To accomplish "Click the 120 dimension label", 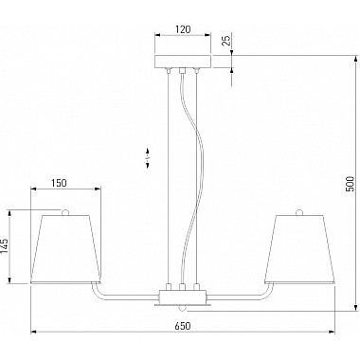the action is [183, 29].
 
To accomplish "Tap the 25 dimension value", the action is [226, 40].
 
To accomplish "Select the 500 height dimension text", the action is [350, 184].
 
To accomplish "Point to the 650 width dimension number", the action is [183, 326].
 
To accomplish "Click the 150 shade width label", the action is [59, 183].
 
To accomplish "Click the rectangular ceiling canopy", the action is [183, 62].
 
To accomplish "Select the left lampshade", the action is [65, 249].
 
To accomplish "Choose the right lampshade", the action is [299, 249].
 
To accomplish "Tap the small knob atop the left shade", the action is [65, 212].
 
